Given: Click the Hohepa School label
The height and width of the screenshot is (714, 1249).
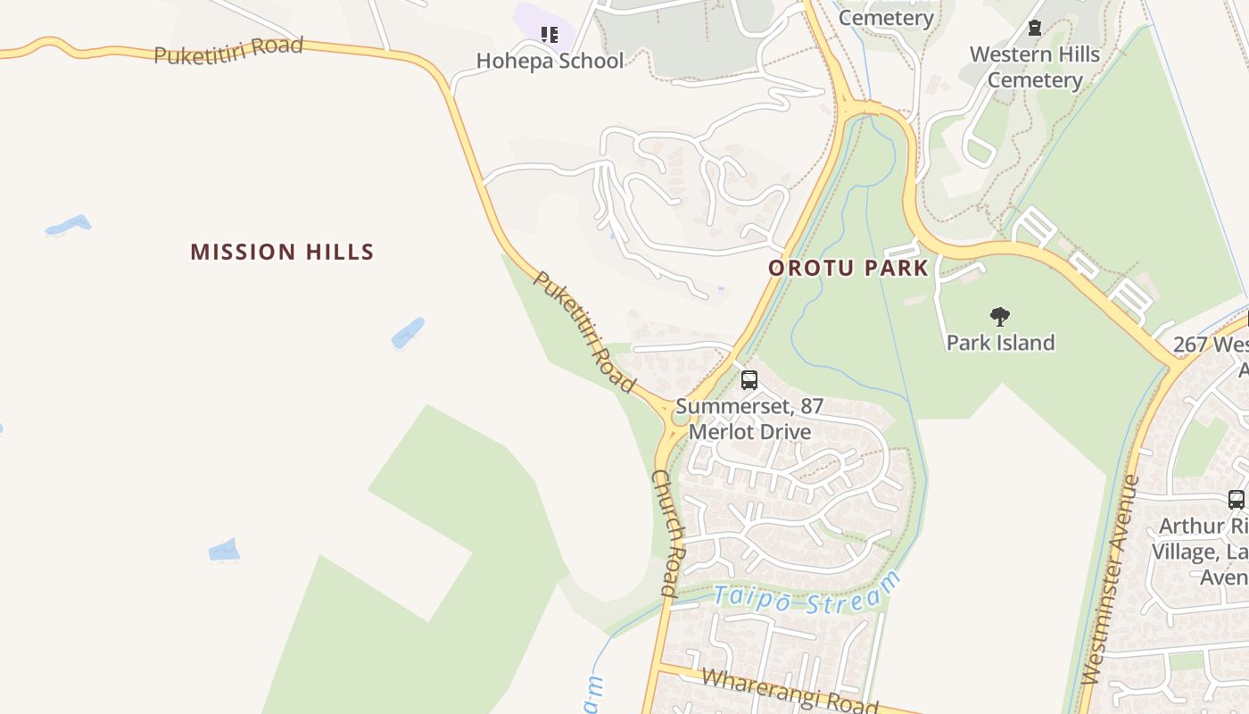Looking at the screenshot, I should [x=550, y=61].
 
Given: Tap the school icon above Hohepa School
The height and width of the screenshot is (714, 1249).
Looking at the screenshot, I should [x=550, y=35].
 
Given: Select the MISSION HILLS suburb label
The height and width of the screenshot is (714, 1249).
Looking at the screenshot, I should [x=282, y=252].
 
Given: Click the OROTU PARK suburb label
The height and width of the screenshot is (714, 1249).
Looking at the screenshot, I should [x=848, y=268].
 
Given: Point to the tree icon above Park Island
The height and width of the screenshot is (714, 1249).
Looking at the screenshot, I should [x=1000, y=316].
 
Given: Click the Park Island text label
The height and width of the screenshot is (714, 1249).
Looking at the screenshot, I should [x=1000, y=343].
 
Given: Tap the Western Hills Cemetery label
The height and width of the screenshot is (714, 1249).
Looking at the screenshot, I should [x=1035, y=67].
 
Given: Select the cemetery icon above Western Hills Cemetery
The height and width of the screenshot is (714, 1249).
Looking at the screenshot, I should [x=1035, y=28].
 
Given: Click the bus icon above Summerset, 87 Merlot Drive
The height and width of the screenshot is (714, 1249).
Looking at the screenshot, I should [x=749, y=380].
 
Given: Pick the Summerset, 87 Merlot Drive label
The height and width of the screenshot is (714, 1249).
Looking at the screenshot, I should [x=749, y=419].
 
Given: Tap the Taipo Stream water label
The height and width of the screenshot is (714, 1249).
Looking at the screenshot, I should [x=807, y=593].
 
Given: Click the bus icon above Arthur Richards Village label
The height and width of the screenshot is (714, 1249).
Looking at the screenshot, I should [x=1236, y=500].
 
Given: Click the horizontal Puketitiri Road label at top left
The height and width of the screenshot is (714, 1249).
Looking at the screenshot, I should [x=228, y=51].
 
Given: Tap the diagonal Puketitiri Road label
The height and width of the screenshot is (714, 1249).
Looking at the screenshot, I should [x=584, y=331].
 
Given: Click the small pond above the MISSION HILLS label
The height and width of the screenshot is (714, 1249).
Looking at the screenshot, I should [x=69, y=225].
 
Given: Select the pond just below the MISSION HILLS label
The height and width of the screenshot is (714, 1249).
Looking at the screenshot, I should [x=408, y=334].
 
